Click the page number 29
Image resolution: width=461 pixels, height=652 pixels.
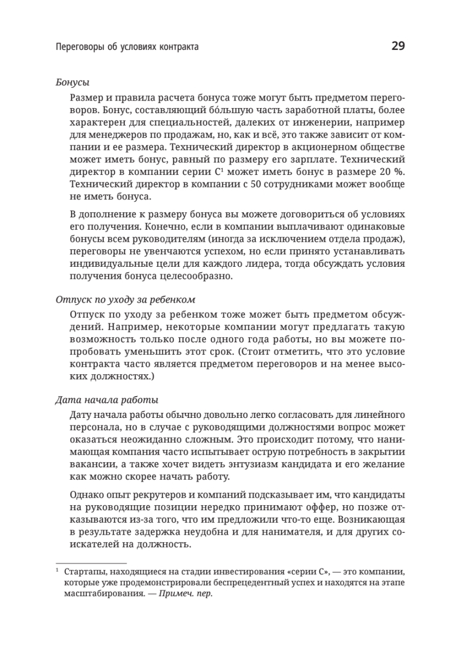coord(397,47)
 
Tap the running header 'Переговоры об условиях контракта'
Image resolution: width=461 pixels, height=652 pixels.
coord(127,47)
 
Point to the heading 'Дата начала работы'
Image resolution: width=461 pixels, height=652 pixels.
coord(107,400)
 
